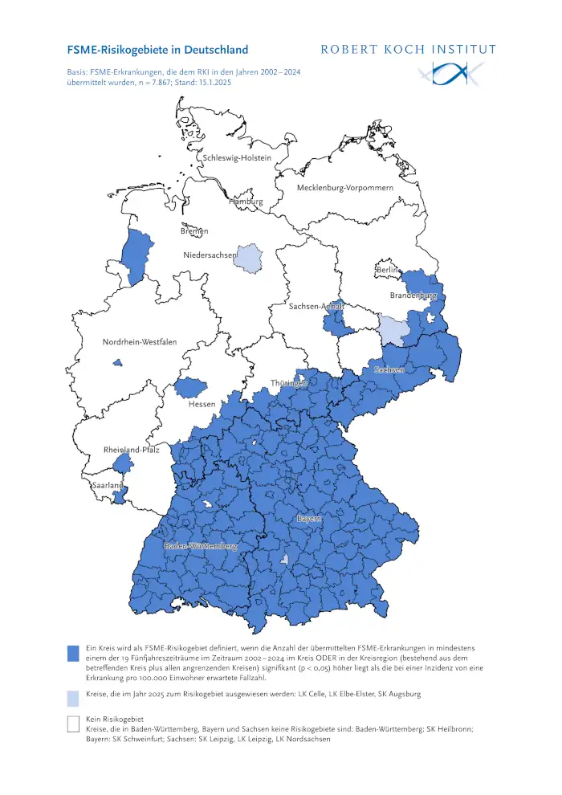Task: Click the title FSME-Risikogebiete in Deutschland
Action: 157,49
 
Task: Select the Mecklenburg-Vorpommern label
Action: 345,188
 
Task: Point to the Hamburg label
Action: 246,202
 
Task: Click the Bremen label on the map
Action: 194,231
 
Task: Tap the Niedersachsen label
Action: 210,255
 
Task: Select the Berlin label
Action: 389,271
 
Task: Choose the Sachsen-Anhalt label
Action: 316,307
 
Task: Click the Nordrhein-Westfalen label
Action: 140,343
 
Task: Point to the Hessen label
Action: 202,404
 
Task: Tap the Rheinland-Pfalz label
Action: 131,450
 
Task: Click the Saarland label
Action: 107,486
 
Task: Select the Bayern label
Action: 309,520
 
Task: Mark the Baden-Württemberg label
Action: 201,546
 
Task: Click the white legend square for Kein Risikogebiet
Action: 72,724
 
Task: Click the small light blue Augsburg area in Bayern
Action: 284,558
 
